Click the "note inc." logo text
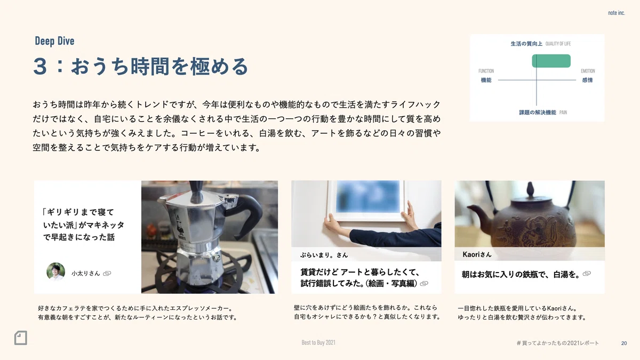617,13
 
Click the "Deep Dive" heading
54,41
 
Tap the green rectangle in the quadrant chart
551,61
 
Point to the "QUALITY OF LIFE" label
558,44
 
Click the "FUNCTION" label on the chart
486,71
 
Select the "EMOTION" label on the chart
588,71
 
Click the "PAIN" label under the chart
563,113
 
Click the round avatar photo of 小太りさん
55,271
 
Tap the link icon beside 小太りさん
107,274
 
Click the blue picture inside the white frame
367,197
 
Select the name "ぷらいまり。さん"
324,255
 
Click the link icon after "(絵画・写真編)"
424,283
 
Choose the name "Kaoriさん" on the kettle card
477,254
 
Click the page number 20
624,343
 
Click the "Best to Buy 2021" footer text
318,342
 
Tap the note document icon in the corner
21,338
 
